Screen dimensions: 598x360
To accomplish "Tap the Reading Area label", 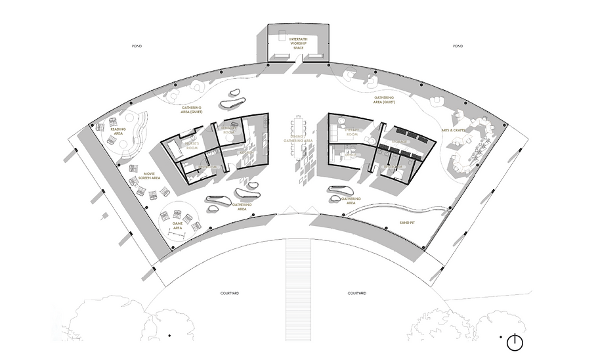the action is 118,131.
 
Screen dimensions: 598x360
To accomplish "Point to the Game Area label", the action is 177,225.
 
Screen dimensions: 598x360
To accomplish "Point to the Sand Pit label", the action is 407,223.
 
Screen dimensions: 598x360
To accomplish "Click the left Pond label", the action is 137,47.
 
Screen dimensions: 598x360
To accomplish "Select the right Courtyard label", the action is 356,293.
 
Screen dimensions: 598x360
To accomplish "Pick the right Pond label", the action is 458,47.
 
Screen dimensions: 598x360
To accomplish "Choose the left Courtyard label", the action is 230,293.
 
